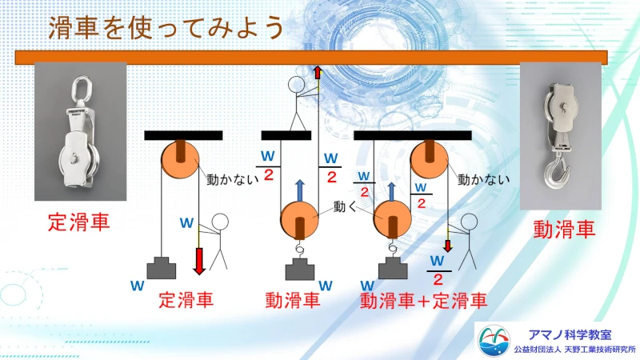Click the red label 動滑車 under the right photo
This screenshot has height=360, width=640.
point(565,230)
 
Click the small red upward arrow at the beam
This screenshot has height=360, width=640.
point(318,73)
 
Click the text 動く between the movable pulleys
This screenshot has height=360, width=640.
point(345,206)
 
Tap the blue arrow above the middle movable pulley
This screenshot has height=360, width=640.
point(298,191)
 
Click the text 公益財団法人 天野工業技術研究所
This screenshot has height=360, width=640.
point(574,350)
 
